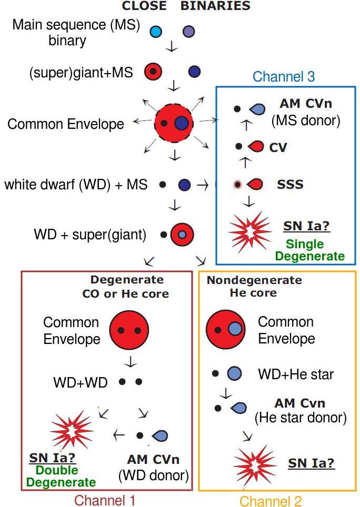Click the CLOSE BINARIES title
click(x=186, y=6)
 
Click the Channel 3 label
click(x=284, y=77)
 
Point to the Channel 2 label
click(x=271, y=501)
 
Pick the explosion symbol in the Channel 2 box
click(x=255, y=463)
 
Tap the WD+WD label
click(x=80, y=382)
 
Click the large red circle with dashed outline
click(x=174, y=123)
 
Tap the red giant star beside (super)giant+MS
click(x=153, y=71)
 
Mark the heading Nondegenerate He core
click(x=254, y=287)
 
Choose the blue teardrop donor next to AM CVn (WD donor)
click(x=160, y=435)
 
